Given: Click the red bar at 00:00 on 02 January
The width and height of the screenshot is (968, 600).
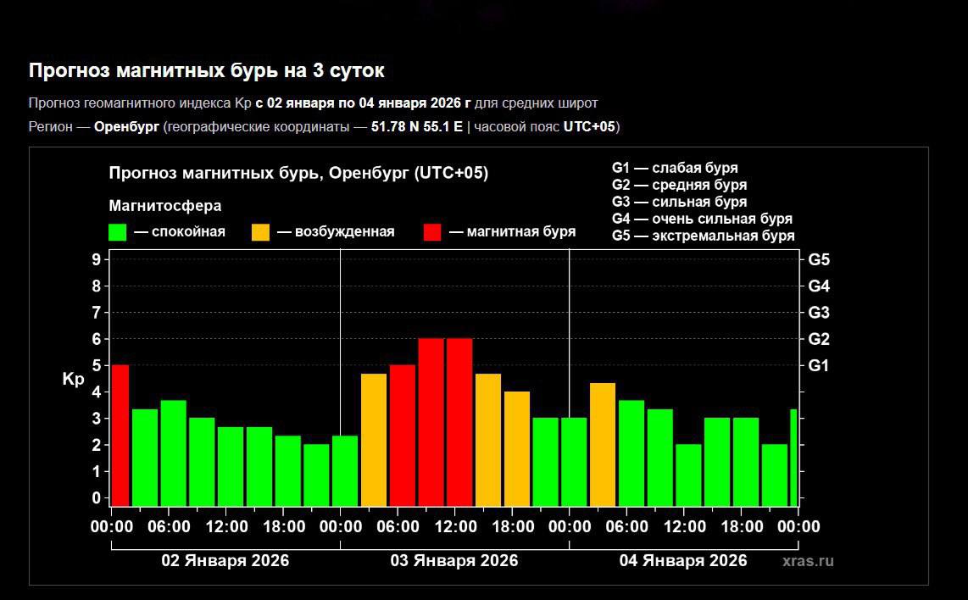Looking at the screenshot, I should click(x=120, y=435).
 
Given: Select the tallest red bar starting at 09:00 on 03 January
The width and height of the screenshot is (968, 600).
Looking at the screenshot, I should click(x=431, y=421).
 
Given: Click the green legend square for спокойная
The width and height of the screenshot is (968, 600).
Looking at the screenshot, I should click(x=118, y=232).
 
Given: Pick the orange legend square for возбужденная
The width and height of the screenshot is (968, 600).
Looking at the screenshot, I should click(x=261, y=232).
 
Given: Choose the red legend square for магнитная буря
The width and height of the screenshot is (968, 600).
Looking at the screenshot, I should click(x=433, y=232).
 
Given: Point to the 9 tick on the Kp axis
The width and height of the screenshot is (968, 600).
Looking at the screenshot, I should click(x=96, y=259).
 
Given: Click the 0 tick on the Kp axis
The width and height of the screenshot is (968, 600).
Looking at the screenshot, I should click(x=96, y=497).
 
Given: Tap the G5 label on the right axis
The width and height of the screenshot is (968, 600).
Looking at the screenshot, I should click(x=819, y=260).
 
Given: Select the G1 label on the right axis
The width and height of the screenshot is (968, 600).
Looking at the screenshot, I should click(x=819, y=366).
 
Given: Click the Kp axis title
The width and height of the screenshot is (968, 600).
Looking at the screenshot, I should click(x=73, y=380).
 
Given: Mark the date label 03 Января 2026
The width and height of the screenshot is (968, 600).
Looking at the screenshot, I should click(x=454, y=561).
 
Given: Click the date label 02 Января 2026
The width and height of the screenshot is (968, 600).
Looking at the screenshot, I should click(x=225, y=561).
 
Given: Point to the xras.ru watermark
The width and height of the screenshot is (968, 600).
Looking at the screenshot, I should click(x=808, y=561).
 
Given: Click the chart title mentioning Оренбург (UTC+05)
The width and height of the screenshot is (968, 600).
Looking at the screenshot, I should click(x=298, y=173).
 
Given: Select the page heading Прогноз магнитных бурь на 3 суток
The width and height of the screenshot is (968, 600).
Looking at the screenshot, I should click(x=207, y=70).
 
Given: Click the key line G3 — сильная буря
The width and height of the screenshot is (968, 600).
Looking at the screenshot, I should click(x=679, y=202).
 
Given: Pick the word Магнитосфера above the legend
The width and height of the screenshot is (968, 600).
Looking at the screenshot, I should click(x=165, y=206).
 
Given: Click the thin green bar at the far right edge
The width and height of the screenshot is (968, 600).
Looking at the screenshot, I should click(x=794, y=457).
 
